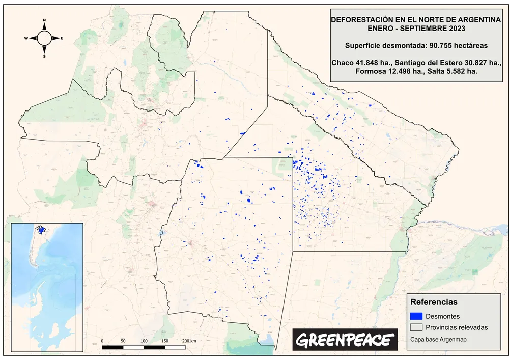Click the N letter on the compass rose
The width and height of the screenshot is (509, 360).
tap(44, 20)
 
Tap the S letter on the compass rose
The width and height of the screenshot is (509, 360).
tap(44, 56)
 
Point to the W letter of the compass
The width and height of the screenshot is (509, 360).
tap(26, 38)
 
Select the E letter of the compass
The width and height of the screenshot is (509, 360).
tap(62, 38)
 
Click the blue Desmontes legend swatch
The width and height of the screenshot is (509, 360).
tap(416, 316)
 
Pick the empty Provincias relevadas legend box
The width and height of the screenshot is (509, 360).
tap(416, 327)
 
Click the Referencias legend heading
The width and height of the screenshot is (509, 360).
tap(434, 302)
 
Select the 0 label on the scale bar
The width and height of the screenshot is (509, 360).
tap(102, 341)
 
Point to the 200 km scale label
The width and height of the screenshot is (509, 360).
tap(189, 341)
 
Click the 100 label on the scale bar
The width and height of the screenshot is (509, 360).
tap(144, 341)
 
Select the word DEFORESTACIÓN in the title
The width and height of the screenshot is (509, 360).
tap(360, 19)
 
